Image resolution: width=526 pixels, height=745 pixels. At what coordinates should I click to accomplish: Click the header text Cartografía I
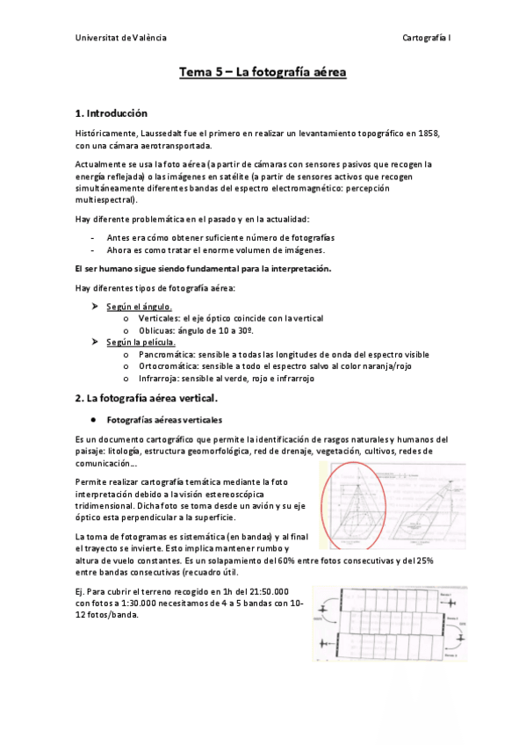426,38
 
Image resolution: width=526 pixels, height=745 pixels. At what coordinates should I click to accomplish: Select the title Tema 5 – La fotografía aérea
263,73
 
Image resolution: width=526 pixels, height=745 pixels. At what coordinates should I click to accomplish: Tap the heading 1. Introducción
112,113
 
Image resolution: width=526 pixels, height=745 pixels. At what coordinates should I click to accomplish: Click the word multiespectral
103,199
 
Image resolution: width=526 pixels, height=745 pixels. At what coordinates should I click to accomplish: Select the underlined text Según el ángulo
139,306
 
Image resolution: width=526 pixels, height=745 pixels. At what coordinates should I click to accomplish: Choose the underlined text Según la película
141,342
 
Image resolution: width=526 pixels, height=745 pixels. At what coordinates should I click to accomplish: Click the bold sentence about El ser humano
204,269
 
